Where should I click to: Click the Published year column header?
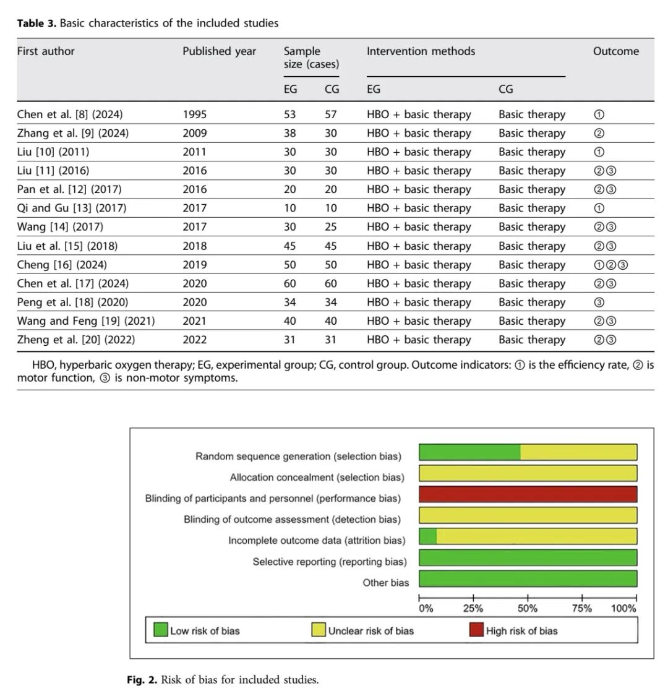219,51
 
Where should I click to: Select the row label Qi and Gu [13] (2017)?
71,208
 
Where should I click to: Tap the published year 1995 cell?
194,114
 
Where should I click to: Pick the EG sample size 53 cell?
289,114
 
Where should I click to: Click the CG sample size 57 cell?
330,114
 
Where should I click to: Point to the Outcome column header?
615,51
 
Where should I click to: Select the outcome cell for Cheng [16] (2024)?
610,265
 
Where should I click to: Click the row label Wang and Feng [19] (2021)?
86,321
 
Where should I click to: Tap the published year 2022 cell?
194,340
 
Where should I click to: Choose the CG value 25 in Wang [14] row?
330,227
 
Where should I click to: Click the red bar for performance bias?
528,494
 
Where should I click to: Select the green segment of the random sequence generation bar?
469,452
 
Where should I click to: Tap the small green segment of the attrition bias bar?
427,536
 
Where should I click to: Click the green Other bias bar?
528,578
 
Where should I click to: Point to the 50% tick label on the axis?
528,609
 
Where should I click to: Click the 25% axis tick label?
473,609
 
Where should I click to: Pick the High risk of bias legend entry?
514,630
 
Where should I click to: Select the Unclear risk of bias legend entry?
362,630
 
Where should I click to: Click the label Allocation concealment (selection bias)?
317,477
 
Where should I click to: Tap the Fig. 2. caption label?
142,679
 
